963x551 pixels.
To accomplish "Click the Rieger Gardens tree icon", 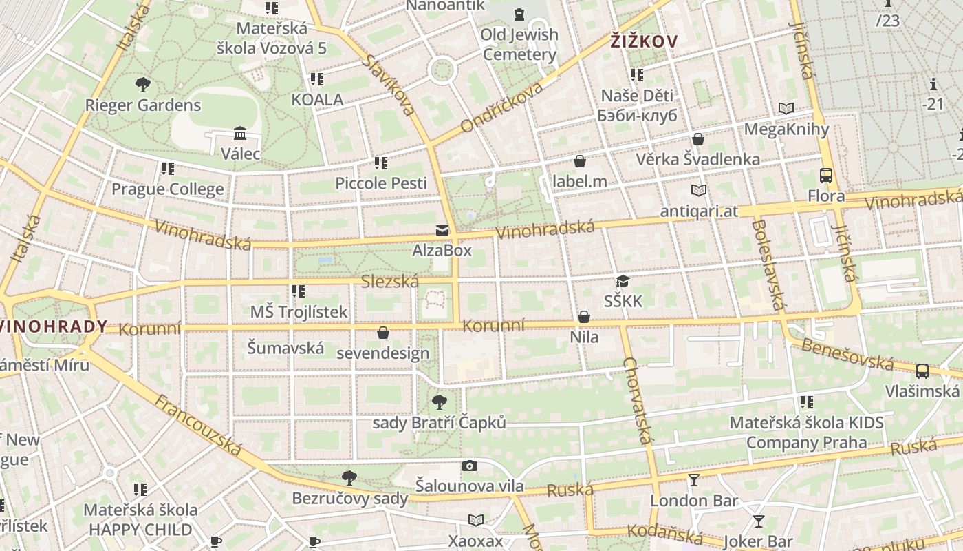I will pyautogui.click(x=143, y=85).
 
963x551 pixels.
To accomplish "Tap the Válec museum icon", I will pyautogui.click(x=240, y=132).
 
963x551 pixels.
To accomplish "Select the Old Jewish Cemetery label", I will pyautogui.click(x=519, y=44).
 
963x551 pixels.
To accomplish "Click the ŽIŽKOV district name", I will pyautogui.click(x=644, y=41).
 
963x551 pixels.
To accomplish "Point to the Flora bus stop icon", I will pyautogui.click(x=826, y=176).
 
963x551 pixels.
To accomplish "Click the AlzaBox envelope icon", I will pyautogui.click(x=442, y=230).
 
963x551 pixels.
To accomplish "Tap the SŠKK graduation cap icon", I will pyautogui.click(x=623, y=280).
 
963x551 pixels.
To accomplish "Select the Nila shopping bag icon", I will pyautogui.click(x=584, y=317).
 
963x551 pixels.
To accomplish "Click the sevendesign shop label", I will pyautogui.click(x=383, y=353).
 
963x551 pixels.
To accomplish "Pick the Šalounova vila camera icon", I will pyautogui.click(x=470, y=466).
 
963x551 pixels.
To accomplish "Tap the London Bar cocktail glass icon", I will pyautogui.click(x=693, y=480).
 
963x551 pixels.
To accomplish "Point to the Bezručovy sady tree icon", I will pyautogui.click(x=349, y=477).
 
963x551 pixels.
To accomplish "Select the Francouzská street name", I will pyautogui.click(x=198, y=425).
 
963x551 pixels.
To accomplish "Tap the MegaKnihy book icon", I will pyautogui.click(x=786, y=108).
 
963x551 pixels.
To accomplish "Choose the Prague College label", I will pyautogui.click(x=168, y=189).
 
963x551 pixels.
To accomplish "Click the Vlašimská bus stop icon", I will pyautogui.click(x=922, y=371).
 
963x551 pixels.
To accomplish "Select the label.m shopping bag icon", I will pyautogui.click(x=580, y=161).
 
